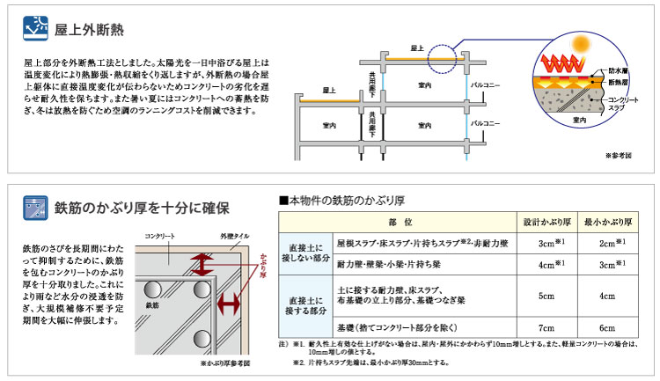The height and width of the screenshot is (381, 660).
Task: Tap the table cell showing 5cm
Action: coord(546,297)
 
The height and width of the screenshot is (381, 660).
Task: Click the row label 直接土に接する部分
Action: coord(304,306)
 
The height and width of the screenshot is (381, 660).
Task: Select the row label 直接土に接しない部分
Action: coord(304,252)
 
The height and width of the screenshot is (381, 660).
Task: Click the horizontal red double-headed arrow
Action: coord(229,304)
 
